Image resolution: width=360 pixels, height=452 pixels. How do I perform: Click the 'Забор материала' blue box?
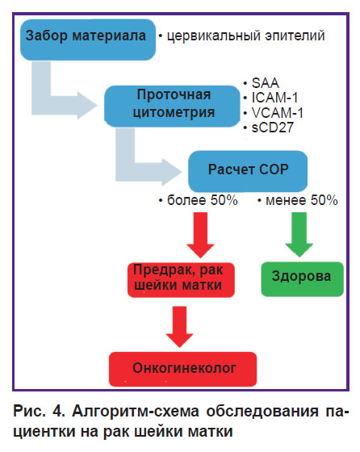(x=88, y=40)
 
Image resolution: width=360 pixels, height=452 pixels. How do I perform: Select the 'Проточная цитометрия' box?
(x=172, y=106)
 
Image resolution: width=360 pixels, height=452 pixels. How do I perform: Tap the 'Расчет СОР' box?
(x=248, y=171)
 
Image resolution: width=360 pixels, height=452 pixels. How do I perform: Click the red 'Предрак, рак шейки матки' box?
(x=181, y=279)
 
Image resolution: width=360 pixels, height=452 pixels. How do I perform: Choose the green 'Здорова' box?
(x=303, y=278)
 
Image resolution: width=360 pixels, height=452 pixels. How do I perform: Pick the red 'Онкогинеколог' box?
(x=182, y=369)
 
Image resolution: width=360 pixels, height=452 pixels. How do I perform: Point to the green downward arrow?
(x=299, y=234)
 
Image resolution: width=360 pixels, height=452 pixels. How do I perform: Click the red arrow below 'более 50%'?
(x=200, y=235)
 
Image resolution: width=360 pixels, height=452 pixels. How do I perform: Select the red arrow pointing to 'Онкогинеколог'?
(x=179, y=326)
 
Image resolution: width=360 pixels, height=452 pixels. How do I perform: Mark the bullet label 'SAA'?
(x=266, y=83)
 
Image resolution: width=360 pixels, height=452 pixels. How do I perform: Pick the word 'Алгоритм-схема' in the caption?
(x=135, y=411)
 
